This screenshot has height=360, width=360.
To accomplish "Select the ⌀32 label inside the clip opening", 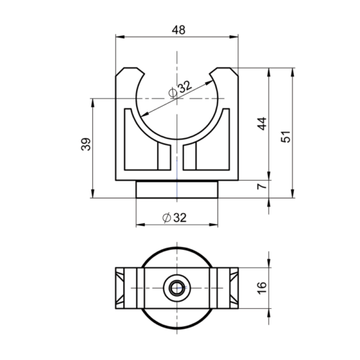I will [179, 89].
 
